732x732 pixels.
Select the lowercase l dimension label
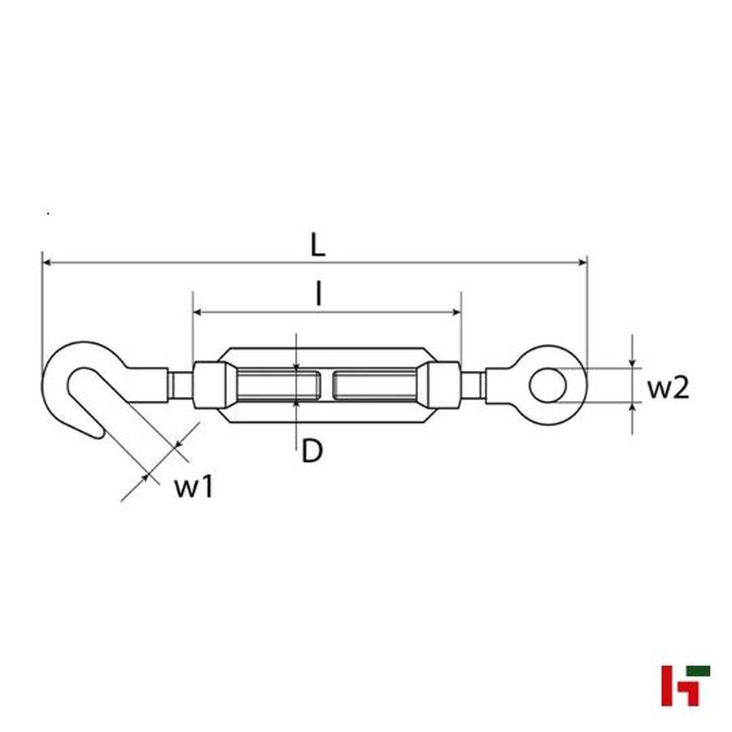tap(319, 294)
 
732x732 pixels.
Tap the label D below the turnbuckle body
tap(312, 450)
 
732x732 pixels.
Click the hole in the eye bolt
tap(550, 385)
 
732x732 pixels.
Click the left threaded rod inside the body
tap(276, 384)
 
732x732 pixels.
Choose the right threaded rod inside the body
tap(375, 384)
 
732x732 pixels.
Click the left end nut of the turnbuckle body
tap(209, 384)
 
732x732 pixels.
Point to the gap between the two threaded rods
tap(325, 384)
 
